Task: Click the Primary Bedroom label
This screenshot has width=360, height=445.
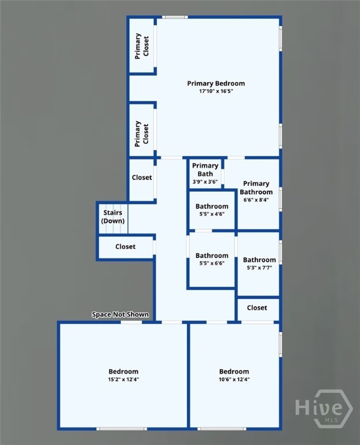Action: pyautogui.click(x=216, y=83)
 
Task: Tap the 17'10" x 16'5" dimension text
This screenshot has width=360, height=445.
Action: pyautogui.click(x=216, y=92)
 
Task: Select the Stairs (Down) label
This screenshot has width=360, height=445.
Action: pyautogui.click(x=113, y=217)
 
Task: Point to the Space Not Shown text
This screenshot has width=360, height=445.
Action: pyautogui.click(x=120, y=315)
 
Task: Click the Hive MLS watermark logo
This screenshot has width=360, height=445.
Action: pyautogui.click(x=324, y=408)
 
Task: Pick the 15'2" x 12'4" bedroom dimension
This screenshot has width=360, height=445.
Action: pyautogui.click(x=124, y=380)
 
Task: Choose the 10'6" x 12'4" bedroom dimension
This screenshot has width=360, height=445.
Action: pyautogui.click(x=234, y=380)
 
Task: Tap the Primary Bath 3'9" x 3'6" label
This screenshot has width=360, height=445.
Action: pyautogui.click(x=205, y=173)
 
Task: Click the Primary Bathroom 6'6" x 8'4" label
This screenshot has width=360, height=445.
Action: pyautogui.click(x=256, y=191)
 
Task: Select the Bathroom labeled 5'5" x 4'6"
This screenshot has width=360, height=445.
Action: pyautogui.click(x=212, y=210)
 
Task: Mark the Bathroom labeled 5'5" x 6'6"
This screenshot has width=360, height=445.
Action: pyautogui.click(x=212, y=259)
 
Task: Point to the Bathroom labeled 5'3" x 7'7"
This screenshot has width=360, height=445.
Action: pyautogui.click(x=259, y=263)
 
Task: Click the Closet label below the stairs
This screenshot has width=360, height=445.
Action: pyautogui.click(x=125, y=247)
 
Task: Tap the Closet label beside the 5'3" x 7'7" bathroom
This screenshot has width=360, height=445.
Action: pyautogui.click(x=257, y=308)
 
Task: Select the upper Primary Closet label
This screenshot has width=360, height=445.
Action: pyautogui.click(x=142, y=46)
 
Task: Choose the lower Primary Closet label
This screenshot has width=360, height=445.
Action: pyautogui.click(x=142, y=134)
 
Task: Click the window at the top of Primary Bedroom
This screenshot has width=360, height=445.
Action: pyautogui.click(x=175, y=17)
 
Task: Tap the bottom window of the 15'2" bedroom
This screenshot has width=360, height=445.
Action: pyautogui.click(x=122, y=429)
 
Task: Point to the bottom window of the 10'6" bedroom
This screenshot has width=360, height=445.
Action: pyautogui.click(x=222, y=429)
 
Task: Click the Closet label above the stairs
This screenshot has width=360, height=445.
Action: pyautogui.click(x=142, y=177)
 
